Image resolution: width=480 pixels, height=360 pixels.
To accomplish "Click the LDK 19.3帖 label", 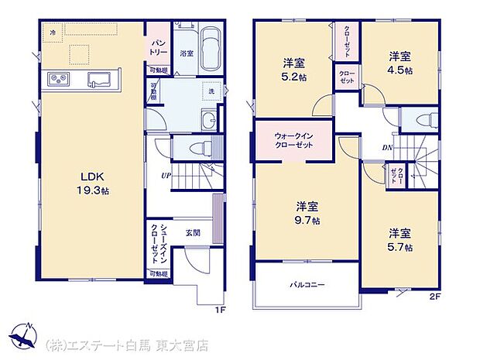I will pyautogui.click(x=91, y=182).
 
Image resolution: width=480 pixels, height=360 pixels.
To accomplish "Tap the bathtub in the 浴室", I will pyautogui.click(x=209, y=52).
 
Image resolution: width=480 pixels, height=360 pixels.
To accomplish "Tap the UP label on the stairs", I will pyautogui.click(x=166, y=176).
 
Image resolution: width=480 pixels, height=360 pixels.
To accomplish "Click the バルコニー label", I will pyautogui.click(x=307, y=285).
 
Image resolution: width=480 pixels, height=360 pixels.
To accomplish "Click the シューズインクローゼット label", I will pyautogui.click(x=156, y=242).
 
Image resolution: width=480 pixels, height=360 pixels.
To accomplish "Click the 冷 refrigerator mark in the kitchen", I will pyautogui.click(x=53, y=33).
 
